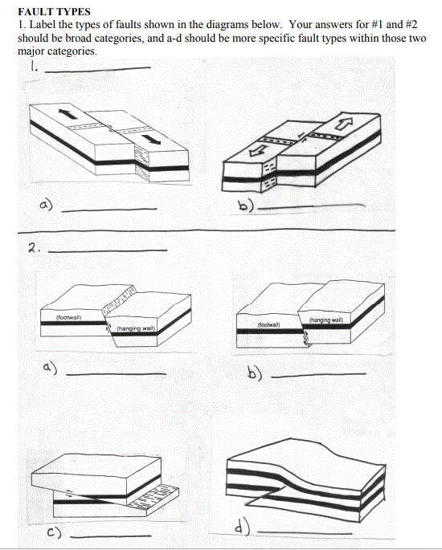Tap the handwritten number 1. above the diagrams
[x=33, y=70]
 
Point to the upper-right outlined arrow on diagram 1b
[x=344, y=122]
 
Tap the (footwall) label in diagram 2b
[x=268, y=325]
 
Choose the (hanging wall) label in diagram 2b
[x=325, y=320]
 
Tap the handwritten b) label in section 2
[x=251, y=373]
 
